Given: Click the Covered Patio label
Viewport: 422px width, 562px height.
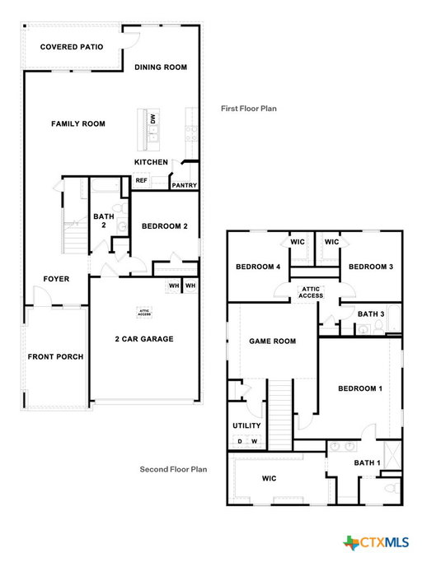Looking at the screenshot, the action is [72, 47].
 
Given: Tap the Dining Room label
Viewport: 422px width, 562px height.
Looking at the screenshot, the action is [161, 67].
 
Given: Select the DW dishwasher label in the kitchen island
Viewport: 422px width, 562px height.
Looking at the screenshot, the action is [153, 118].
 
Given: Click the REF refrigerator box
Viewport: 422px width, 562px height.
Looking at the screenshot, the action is [141, 181].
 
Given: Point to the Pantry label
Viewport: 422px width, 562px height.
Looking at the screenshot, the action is [185, 185].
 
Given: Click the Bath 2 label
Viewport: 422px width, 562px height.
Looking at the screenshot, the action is [104, 221].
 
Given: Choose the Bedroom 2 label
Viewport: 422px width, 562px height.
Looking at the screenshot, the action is [165, 226].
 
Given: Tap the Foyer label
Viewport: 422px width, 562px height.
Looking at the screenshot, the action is [56, 279].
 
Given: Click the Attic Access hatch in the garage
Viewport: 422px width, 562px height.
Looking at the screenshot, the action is [144, 313].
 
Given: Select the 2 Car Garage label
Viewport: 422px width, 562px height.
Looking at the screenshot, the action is [144, 339].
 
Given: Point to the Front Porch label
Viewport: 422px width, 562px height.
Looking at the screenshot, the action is [55, 356].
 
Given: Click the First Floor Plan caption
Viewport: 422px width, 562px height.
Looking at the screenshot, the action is [249, 109].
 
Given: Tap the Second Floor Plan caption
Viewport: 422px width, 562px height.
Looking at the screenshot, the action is [173, 469].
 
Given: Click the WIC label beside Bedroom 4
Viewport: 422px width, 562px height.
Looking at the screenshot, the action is [298, 242].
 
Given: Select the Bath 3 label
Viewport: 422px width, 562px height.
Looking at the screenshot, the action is [371, 314].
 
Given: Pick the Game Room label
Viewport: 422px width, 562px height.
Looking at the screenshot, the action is [273, 341].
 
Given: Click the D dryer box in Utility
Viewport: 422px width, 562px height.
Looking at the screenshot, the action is [240, 441].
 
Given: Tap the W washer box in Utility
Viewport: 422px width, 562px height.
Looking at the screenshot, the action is [255, 441].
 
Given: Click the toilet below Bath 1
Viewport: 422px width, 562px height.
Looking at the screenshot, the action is [392, 488].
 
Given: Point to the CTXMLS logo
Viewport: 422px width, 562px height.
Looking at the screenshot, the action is [376, 542].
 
